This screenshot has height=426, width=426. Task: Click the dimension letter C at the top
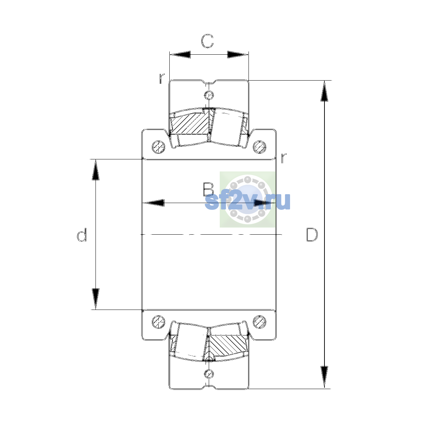point(207,41)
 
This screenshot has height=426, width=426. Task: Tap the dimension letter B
point(208,190)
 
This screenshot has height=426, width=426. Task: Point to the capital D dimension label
point(312,234)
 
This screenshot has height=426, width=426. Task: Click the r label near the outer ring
point(162,78)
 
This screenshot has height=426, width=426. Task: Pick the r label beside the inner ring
point(283,158)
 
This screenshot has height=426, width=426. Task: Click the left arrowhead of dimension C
point(180,55)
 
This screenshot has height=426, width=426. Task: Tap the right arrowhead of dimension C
point(238,55)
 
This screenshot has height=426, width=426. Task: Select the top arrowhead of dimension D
point(324,91)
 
